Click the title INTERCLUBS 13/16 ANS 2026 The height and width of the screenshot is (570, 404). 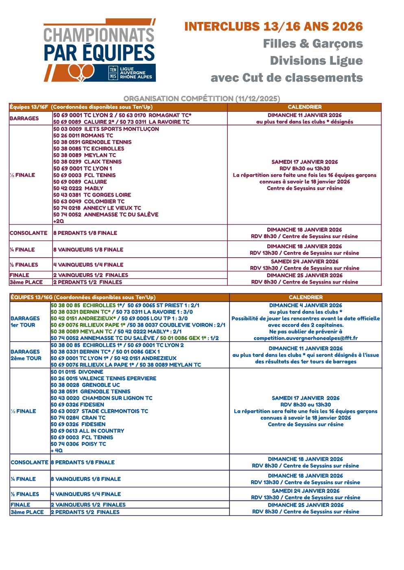[273, 27]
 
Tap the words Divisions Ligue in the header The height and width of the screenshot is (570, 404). [316, 61]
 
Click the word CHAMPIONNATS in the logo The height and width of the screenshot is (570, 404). [99, 35]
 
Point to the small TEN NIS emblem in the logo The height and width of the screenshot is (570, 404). [113, 73]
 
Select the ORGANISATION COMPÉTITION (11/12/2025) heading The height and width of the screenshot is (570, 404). [201, 99]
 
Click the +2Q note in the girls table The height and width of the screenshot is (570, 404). [59, 221]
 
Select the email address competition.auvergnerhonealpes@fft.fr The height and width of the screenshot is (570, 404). [306, 338]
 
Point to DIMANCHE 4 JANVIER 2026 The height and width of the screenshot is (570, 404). [306, 306]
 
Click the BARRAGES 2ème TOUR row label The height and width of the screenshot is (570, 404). [26, 355]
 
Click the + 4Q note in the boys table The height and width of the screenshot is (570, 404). [57, 451]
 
